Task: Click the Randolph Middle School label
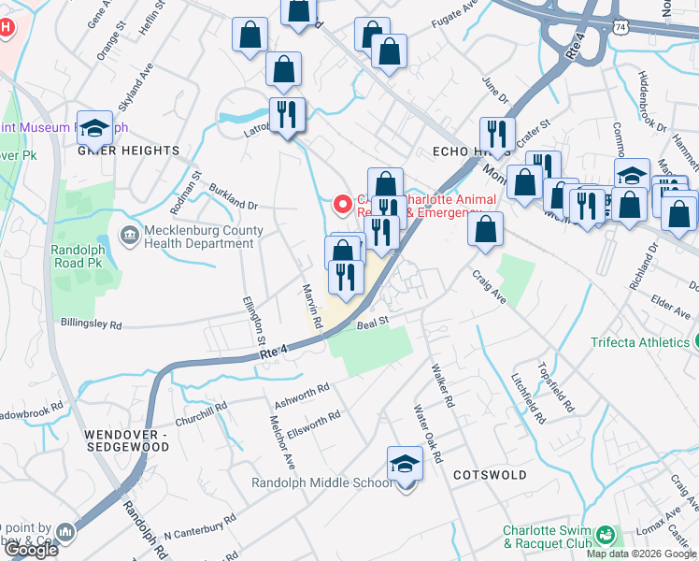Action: (x=321, y=483)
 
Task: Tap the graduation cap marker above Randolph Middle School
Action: (x=405, y=463)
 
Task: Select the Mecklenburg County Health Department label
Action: (x=199, y=237)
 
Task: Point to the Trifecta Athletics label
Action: (x=639, y=342)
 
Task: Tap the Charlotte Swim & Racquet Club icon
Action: (x=607, y=535)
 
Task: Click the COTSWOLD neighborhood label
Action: (x=492, y=475)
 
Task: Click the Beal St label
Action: (x=372, y=323)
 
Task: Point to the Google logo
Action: (x=31, y=551)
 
